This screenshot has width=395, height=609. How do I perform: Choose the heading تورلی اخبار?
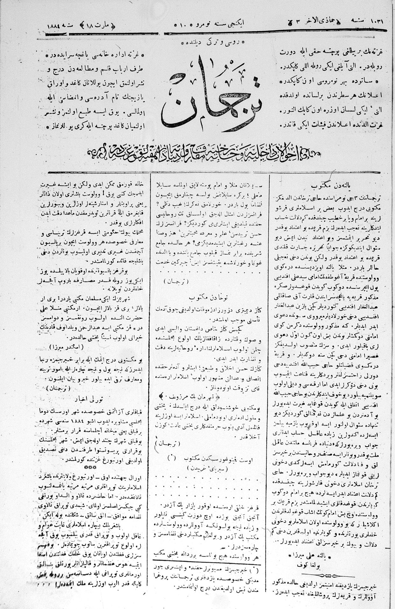pos(94,399)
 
